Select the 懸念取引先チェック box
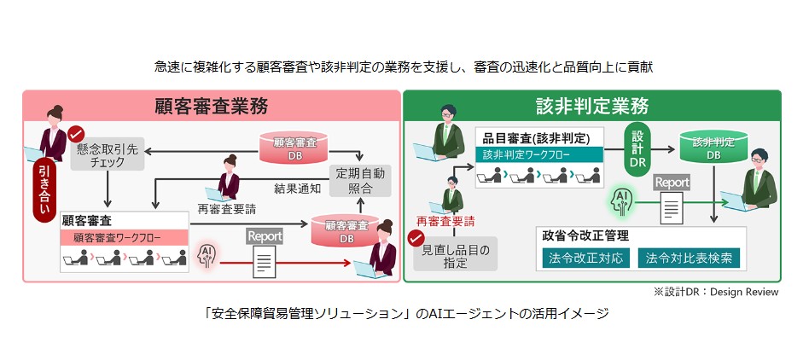click(x=107, y=154)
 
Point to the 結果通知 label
click(x=297, y=188)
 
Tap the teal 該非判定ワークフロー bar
click(x=538, y=155)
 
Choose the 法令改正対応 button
click(x=586, y=258)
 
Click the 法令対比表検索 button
click(x=690, y=258)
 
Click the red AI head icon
click(x=206, y=254)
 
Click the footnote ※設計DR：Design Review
click(x=716, y=292)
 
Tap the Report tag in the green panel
click(x=672, y=182)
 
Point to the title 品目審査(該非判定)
click(x=538, y=137)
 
